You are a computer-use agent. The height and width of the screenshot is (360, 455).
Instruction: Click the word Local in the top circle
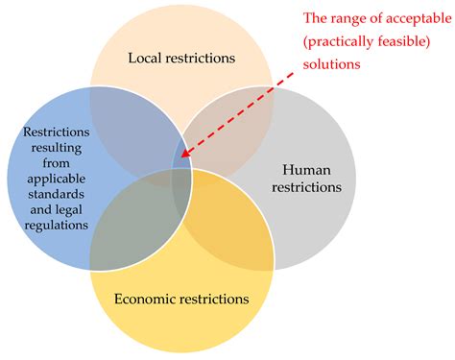(145, 59)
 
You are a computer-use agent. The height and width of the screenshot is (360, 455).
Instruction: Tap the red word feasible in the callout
(403, 40)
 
